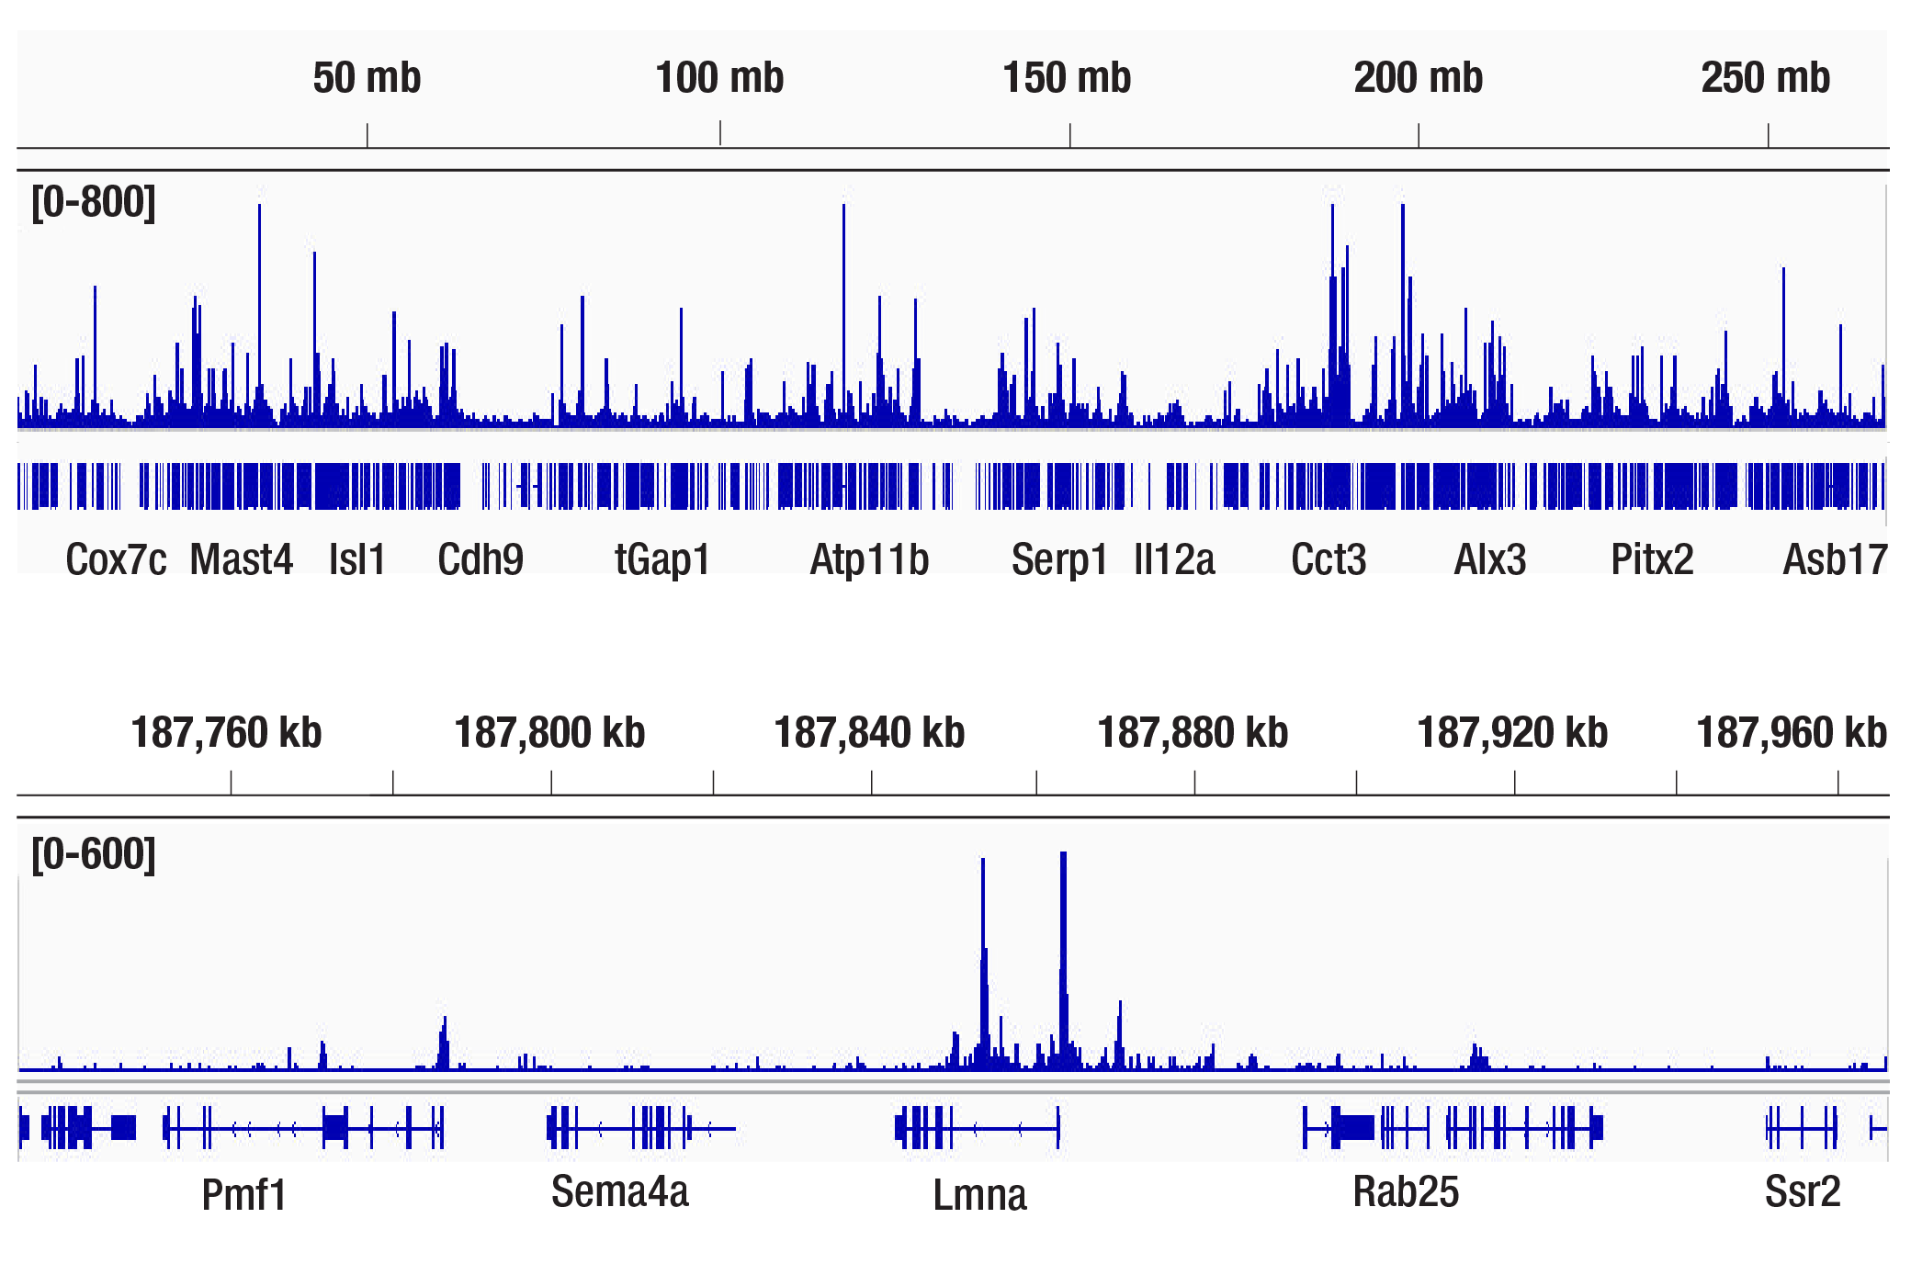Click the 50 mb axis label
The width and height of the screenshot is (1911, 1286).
367,78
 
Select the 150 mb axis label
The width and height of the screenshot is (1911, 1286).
1067,78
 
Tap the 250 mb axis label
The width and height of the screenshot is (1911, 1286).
1765,78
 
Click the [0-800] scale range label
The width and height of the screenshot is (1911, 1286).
94,202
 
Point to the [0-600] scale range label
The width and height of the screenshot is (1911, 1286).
94,854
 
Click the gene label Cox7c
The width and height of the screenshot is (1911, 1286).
116,559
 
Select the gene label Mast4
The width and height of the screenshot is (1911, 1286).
241,559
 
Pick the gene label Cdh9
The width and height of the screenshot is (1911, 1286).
480,559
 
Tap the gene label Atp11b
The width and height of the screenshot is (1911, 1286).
869,559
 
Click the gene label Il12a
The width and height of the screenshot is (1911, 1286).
1174,559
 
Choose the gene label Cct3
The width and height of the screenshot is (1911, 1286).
1329,559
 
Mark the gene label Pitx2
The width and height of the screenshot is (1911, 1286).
1652,559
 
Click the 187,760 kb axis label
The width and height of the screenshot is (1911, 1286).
226,733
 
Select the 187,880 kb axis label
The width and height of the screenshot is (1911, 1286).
1193,733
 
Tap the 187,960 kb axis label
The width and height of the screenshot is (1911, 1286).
1791,733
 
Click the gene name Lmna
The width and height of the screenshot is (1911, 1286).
979,1195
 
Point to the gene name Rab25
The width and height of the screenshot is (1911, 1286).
1406,1192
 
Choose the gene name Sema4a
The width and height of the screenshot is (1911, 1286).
619,1192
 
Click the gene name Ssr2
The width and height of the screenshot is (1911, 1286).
1802,1192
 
